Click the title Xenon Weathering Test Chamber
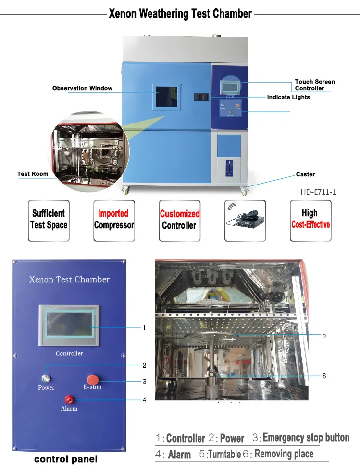click(x=180, y=13)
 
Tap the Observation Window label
click(x=82, y=88)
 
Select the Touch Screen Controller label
click(x=315, y=85)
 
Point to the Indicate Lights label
click(x=288, y=97)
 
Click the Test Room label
click(x=33, y=174)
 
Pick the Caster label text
click(x=305, y=174)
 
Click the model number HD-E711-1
click(x=318, y=192)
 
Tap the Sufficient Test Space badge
click(x=49, y=220)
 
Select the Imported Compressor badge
click(x=113, y=220)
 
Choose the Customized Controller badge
click(x=179, y=220)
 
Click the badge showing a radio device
click(x=245, y=220)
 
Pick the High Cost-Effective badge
click(x=310, y=220)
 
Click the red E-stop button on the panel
click(x=93, y=379)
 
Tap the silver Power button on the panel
click(x=46, y=378)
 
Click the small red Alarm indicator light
click(x=69, y=399)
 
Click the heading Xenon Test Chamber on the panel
click(x=69, y=279)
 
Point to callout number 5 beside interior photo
click(x=324, y=335)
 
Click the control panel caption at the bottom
click(x=65, y=459)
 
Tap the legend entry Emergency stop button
click(x=306, y=438)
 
